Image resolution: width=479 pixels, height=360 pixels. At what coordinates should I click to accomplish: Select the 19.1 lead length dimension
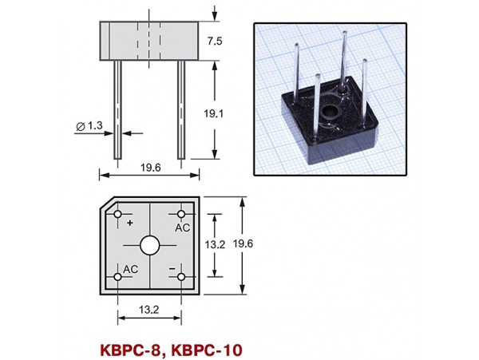pos(226,114)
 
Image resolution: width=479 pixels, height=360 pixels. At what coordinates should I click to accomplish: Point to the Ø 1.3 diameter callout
pos(89,126)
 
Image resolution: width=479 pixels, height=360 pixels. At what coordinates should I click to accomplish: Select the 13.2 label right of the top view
pos(215,245)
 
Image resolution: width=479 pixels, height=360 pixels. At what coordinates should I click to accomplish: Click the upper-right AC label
pos(182,227)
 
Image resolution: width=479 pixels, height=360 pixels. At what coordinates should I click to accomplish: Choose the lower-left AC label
pos(131,268)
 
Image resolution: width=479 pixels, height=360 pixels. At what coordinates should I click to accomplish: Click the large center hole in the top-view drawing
pos(150,246)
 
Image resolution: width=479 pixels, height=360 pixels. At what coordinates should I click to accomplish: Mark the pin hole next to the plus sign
pos(119,216)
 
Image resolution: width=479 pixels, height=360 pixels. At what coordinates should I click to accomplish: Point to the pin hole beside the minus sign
pos(181,277)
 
